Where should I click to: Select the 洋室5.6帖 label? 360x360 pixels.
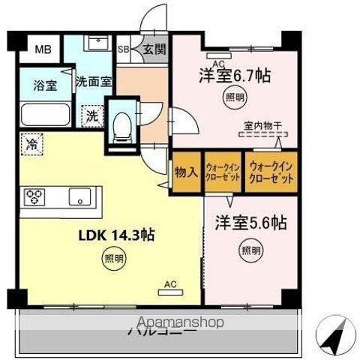pos(251,223)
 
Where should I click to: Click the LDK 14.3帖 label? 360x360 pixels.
pos(117,235)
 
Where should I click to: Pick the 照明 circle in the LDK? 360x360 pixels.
pos(111,260)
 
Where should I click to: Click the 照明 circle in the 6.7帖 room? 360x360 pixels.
pos(234,97)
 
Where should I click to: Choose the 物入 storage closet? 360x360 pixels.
pos(187,172)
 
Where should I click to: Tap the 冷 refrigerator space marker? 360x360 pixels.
pos(31,141)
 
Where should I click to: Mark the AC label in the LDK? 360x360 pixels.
pos(170,284)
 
